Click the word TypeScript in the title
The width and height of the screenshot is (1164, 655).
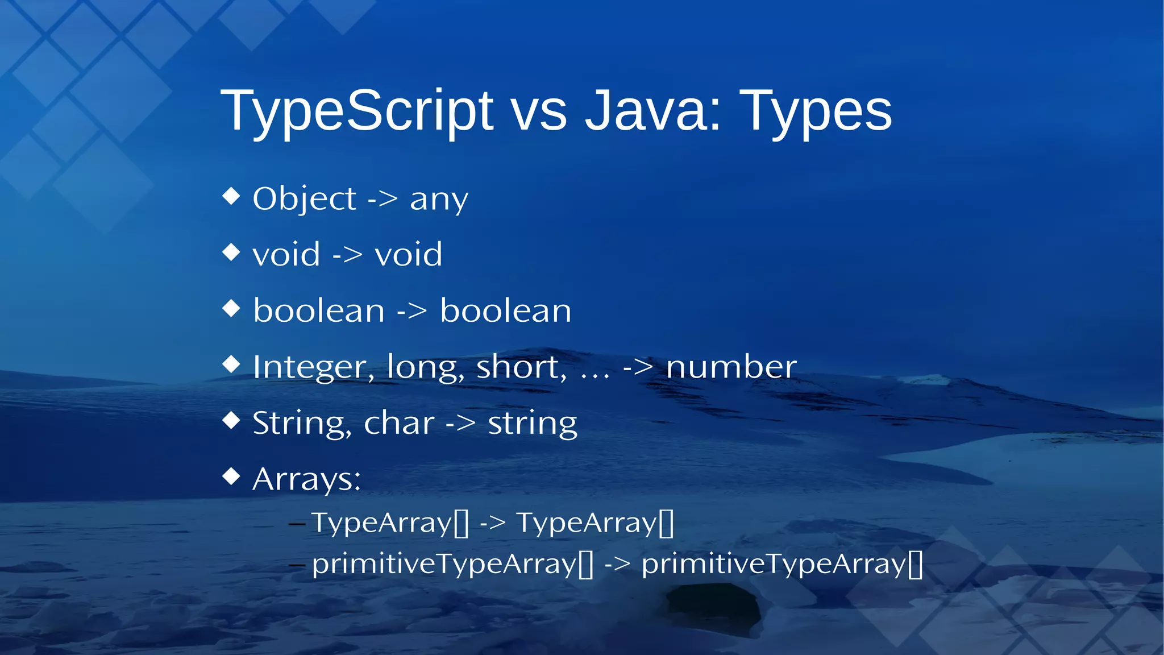pyautogui.click(x=357, y=111)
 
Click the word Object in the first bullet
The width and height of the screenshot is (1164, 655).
pyautogui.click(x=304, y=199)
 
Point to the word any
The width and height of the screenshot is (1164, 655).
pyautogui.click(x=439, y=200)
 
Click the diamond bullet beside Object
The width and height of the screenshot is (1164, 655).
pyautogui.click(x=231, y=196)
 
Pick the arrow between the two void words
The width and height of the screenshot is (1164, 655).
pyautogui.click(x=347, y=254)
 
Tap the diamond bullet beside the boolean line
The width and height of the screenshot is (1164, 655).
pyautogui.click(x=231, y=308)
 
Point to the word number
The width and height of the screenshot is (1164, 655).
pyautogui.click(x=731, y=367)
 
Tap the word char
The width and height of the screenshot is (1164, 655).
pyautogui.click(x=399, y=423)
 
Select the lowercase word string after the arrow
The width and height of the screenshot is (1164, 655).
pyautogui.click(x=533, y=424)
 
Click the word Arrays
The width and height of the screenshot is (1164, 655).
pyautogui.click(x=306, y=479)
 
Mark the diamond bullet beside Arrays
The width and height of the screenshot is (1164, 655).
pyautogui.click(x=231, y=476)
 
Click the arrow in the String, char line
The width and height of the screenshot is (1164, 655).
pyautogui.click(x=460, y=424)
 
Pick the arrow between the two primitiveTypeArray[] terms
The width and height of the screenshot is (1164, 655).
pyautogui.click(x=617, y=564)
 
